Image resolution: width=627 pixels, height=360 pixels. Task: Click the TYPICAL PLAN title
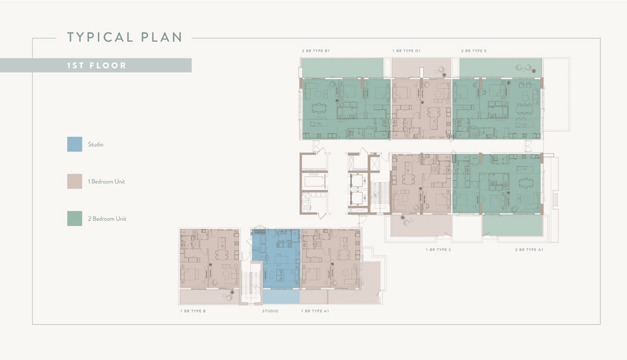click(124, 37)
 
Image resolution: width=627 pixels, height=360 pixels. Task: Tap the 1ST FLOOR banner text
click(97, 66)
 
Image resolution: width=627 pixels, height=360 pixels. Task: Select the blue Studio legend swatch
click(75, 144)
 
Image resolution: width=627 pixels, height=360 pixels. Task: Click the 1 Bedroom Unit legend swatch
click(75, 181)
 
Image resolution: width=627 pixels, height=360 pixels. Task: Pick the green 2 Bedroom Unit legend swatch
click(75, 218)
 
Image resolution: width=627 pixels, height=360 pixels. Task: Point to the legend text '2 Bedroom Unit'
click(107, 218)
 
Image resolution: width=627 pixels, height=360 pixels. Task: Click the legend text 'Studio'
click(96, 144)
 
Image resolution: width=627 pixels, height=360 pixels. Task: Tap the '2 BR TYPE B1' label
click(316, 51)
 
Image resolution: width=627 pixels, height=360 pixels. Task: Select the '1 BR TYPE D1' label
click(407, 51)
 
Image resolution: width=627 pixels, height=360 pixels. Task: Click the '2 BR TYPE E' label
click(473, 51)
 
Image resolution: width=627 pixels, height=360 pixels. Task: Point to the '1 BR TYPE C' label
click(438, 250)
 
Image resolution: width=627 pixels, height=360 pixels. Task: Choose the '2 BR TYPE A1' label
click(529, 250)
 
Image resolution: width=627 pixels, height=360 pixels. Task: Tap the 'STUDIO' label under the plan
click(270, 311)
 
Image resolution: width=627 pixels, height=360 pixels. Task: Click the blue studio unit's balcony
click(281, 297)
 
